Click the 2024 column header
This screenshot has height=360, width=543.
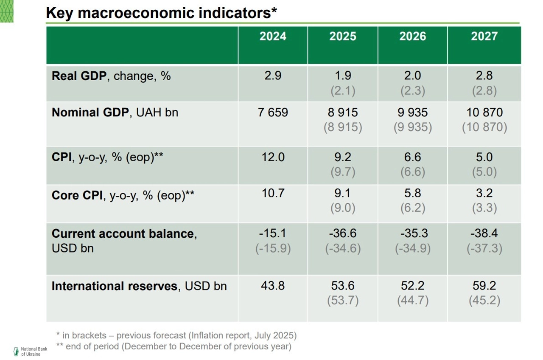coord(273,37)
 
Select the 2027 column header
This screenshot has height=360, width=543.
coord(484,37)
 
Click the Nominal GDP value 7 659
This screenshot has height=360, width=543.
coord(273,112)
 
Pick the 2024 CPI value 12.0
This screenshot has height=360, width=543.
coord(273,157)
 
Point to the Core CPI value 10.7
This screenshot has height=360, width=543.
coord(273,194)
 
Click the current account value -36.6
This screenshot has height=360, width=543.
coord(343,233)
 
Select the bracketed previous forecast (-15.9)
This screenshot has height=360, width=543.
coord(273,248)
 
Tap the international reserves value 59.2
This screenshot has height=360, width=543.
coord(484,286)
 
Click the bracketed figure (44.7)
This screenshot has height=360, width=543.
coord(413,301)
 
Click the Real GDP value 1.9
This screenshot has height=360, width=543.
coord(343,76)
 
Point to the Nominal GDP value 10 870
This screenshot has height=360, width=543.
coord(484,112)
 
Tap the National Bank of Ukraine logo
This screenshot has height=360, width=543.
coord(17,351)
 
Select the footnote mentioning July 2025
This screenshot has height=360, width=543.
coord(176,335)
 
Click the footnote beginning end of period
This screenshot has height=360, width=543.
coord(174,346)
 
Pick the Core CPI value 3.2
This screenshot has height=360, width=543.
coord(484,194)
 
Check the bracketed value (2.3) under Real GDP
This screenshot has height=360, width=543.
coord(413,91)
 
